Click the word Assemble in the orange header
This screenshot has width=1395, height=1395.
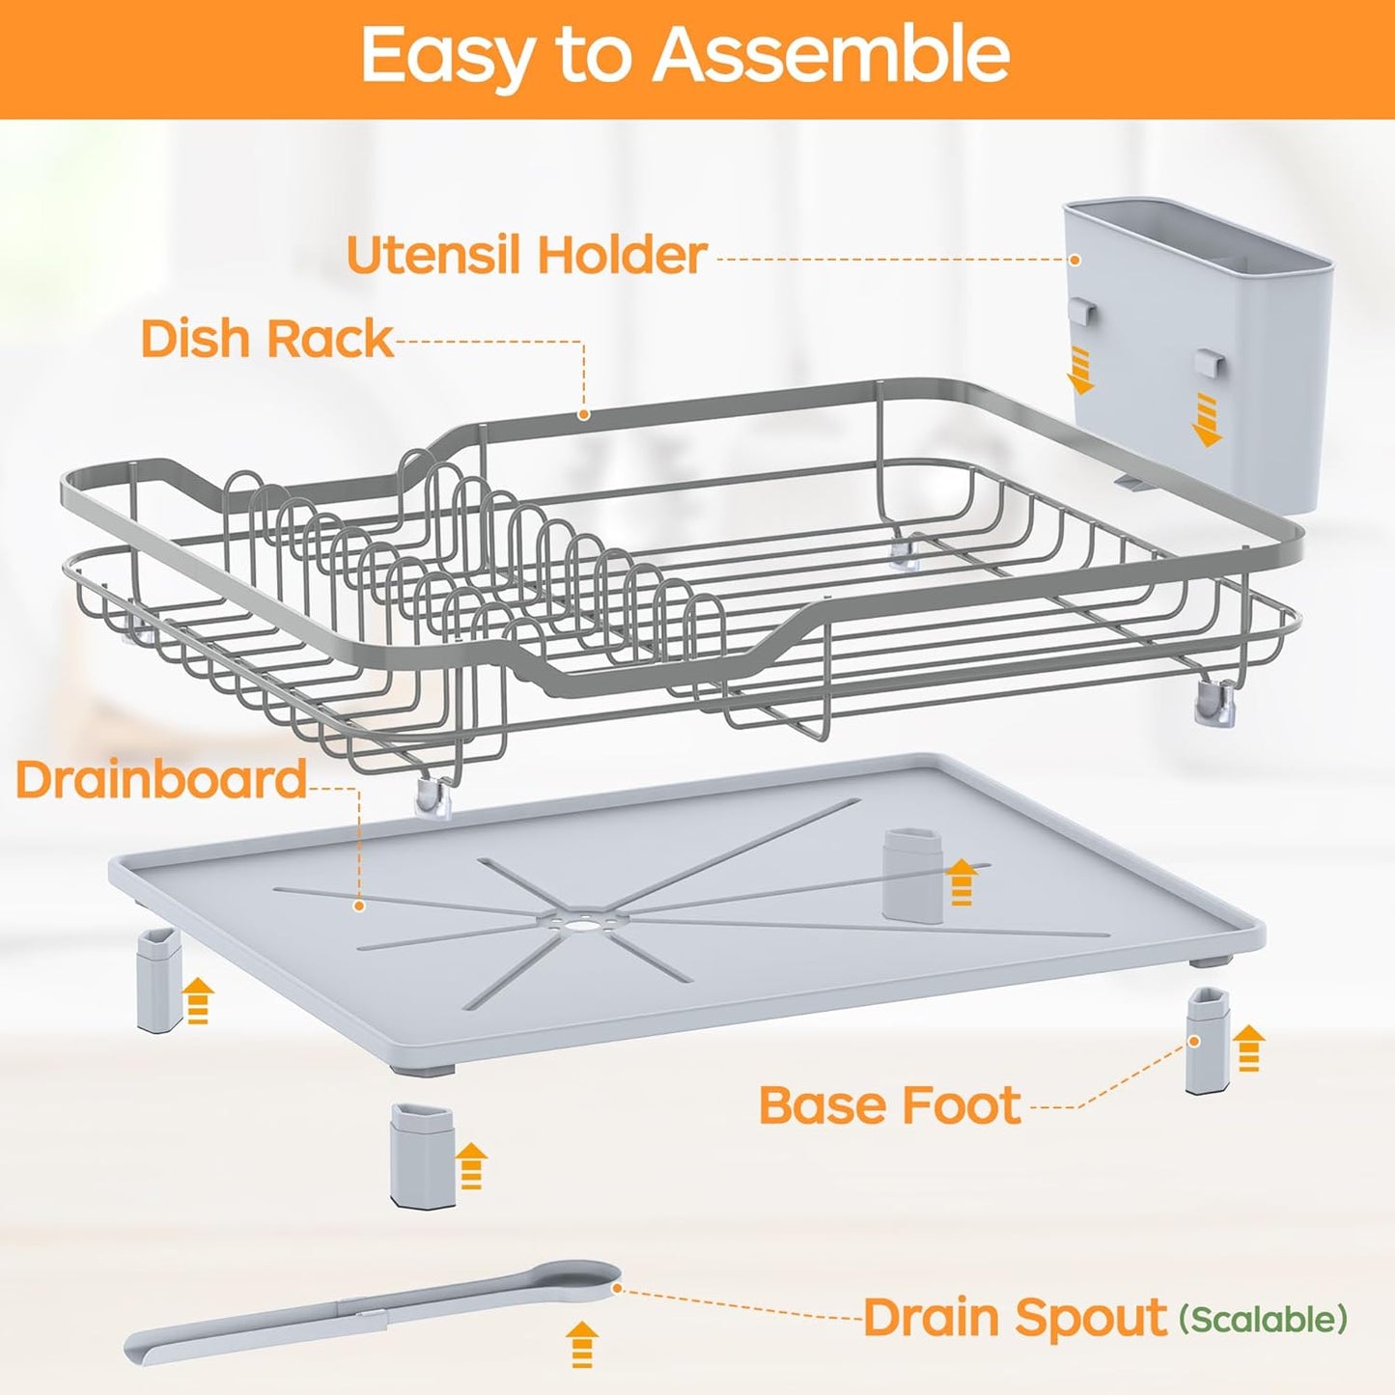click(831, 55)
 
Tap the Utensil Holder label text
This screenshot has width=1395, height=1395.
click(526, 255)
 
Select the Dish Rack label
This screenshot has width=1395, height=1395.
click(266, 339)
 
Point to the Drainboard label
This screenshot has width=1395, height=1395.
click(161, 779)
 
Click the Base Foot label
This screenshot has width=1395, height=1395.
click(889, 1105)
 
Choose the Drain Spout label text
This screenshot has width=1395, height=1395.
click(1015, 1318)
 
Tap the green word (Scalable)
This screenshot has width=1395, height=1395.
click(1263, 1319)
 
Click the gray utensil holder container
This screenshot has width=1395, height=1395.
click(1197, 348)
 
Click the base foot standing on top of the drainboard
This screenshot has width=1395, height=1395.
click(909, 873)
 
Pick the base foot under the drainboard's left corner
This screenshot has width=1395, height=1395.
click(159, 980)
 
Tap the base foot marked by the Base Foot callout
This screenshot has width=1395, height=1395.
click(1207, 1041)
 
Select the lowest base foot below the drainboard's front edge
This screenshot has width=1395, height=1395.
click(422, 1154)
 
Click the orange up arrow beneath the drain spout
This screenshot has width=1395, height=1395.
click(581, 1344)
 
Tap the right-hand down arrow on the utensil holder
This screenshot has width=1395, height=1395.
click(1207, 420)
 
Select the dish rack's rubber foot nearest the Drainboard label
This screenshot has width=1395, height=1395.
click(433, 797)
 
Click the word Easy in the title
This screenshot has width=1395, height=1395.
click(446, 55)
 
